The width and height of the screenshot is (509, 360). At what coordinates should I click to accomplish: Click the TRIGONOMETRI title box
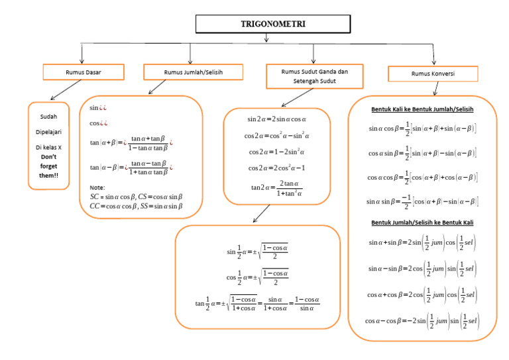(x=266, y=24)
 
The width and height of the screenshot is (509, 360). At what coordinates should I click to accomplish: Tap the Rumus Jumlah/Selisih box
(x=190, y=72)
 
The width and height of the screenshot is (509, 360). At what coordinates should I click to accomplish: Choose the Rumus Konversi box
(x=433, y=74)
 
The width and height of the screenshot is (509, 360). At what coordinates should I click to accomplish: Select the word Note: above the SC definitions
(x=97, y=187)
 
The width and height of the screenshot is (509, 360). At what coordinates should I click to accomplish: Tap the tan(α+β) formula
(x=131, y=143)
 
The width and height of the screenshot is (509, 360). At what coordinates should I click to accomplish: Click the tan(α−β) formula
(x=131, y=167)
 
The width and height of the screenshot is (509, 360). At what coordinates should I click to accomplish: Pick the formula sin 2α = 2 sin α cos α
(x=276, y=119)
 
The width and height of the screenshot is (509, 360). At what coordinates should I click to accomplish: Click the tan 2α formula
(x=276, y=189)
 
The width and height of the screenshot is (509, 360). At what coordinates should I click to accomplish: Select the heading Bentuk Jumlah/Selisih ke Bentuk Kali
(x=423, y=223)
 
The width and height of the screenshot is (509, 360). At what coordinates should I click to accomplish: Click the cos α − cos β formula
(x=422, y=321)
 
